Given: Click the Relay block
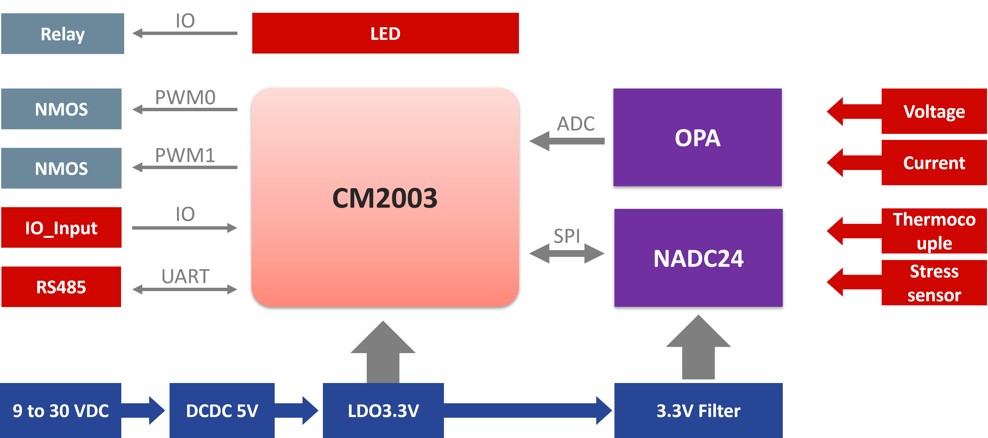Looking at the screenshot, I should [x=62, y=34].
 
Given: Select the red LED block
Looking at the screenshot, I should [x=385, y=33].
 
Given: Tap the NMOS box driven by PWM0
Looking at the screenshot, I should [x=61, y=109].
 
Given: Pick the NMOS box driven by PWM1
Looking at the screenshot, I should [x=61, y=168].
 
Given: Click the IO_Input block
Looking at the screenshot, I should [x=61, y=228].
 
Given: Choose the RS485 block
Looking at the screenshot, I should [x=61, y=287].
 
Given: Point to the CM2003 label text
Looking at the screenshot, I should [x=385, y=198].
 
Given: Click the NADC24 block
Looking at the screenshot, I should [x=698, y=258].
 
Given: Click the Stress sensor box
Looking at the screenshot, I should [x=934, y=283].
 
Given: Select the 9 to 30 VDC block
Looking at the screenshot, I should [x=61, y=411].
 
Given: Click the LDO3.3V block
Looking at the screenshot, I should [x=383, y=411].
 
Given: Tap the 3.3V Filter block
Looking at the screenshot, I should [x=698, y=411].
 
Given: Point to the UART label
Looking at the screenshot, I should [x=185, y=276].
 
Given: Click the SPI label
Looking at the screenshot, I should [x=566, y=236].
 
